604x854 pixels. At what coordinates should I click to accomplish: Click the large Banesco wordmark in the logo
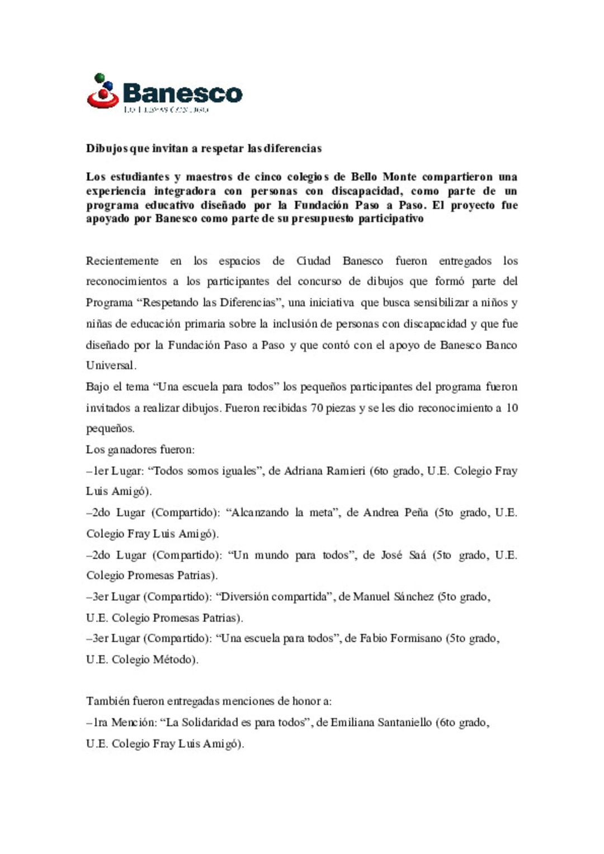point(182,93)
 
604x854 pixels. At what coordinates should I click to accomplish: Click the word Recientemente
point(122,261)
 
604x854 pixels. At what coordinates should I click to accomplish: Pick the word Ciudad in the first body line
point(313,261)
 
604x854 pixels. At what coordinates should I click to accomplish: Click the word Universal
point(110,366)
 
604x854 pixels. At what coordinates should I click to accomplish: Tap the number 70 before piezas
point(317,408)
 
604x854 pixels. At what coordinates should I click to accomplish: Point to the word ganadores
point(132,450)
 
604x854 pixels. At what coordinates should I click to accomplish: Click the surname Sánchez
point(413,597)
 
